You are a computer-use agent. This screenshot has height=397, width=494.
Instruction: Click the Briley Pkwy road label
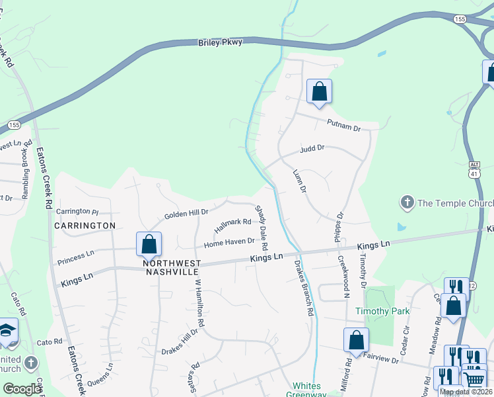pyautogui.click(x=221, y=42)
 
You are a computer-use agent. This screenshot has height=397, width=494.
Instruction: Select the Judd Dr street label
pyautogui.click(x=312, y=149)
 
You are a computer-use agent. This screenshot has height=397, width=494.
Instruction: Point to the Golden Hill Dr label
pyautogui.click(x=186, y=214)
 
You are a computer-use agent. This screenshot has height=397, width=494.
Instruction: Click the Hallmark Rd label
pyautogui.click(x=233, y=226)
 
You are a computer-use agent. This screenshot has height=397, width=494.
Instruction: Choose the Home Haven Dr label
pyautogui.click(x=229, y=243)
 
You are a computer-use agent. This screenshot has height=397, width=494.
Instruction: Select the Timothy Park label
pyautogui.click(x=382, y=311)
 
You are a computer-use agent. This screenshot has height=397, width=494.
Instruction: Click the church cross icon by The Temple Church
pyautogui.click(x=407, y=201)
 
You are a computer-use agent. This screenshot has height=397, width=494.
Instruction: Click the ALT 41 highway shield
pyautogui.click(x=474, y=169)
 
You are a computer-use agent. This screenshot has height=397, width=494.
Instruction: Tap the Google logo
pyautogui.click(x=22, y=389)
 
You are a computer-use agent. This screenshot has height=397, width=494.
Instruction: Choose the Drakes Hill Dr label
pyautogui.click(x=180, y=341)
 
